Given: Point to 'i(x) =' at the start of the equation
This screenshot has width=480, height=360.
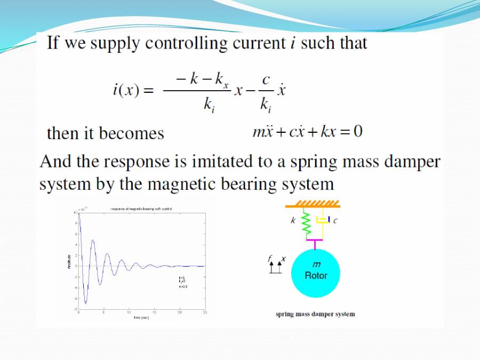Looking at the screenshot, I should (133, 90).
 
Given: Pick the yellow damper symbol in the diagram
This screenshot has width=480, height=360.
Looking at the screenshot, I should (323, 220).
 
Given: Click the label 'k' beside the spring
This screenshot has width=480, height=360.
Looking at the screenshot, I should (293, 221).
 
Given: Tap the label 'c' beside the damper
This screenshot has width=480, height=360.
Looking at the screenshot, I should (335, 221).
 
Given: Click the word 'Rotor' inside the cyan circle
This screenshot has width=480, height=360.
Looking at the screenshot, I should (316, 276).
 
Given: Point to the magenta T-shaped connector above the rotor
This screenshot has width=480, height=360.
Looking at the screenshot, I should (315, 243).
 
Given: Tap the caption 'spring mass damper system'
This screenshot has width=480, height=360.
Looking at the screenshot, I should (315, 314).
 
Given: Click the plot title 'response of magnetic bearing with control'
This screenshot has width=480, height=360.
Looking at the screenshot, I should (141, 209).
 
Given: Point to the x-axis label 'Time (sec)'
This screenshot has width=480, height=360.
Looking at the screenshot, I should (141, 317).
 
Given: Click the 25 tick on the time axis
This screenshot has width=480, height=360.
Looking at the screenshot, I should (205, 313).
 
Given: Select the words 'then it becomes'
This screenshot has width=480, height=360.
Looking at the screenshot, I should (106, 133).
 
